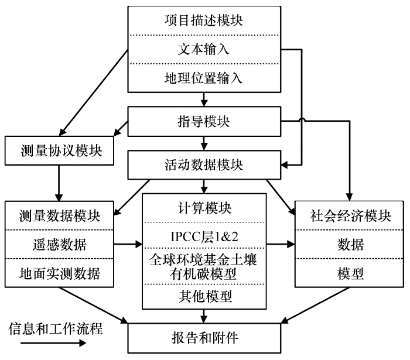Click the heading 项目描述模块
[x=204, y=20]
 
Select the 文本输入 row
[x=204, y=49]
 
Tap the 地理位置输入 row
[x=204, y=78]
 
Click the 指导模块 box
[x=204, y=122]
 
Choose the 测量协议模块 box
[x=59, y=150]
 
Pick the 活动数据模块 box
[x=204, y=165]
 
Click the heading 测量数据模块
[x=59, y=216]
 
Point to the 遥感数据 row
[x=59, y=245]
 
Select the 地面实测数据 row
[x=59, y=273]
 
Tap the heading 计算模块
[x=204, y=208]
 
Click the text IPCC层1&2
[x=204, y=236]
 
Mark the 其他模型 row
[x=204, y=297]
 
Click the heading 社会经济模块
[x=350, y=216]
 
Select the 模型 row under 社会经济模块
[x=350, y=273]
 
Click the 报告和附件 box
[x=204, y=338]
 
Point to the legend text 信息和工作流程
[x=56, y=328]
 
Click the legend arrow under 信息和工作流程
[x=53, y=343]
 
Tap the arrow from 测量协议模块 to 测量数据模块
[x=59, y=183]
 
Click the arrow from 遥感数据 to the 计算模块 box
[x=128, y=245]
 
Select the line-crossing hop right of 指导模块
[x=302, y=120]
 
